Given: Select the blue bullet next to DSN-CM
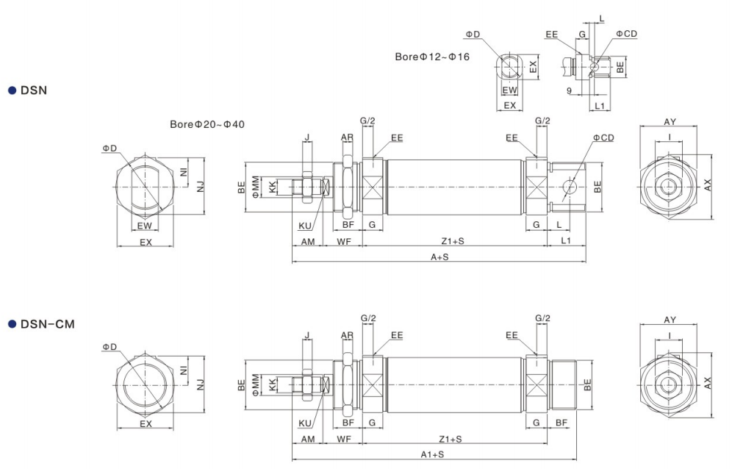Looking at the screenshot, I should point(12,324).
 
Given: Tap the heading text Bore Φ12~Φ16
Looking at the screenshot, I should point(432,56).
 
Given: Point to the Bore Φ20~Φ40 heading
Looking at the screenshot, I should point(207,124).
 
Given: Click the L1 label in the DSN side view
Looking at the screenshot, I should point(566,241).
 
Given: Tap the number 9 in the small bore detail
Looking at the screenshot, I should point(570,91).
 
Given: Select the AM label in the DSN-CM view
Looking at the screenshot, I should point(308,439).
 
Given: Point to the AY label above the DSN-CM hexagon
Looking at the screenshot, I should point(670,321).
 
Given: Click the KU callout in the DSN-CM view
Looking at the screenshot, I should point(306,423).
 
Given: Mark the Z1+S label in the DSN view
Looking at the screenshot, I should point(451,241).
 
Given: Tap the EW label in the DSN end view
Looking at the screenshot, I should point(145,225).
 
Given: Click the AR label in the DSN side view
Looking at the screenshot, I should point(347,137).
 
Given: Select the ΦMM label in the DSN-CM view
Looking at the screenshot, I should point(255,384).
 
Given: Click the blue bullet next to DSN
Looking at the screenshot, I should point(12,90).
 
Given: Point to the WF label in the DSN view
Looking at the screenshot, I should point(343,241).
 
